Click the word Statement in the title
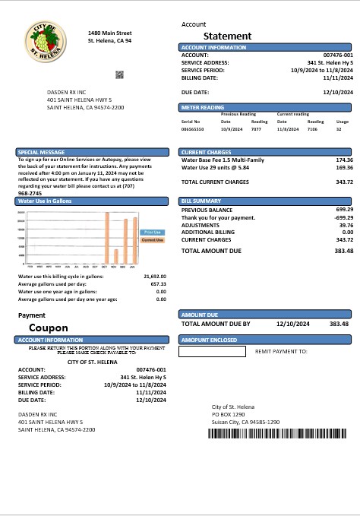(x=227, y=36)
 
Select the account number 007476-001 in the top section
(x=338, y=55)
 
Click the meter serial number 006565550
(x=192, y=130)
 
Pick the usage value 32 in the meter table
(x=339, y=130)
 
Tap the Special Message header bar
(x=94, y=152)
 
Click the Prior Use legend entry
(x=153, y=232)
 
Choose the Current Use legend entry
(x=153, y=240)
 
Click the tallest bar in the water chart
(x=107, y=238)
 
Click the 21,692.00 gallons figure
(x=155, y=277)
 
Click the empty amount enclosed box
(x=212, y=352)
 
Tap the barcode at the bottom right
(x=280, y=433)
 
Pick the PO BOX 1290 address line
(x=229, y=414)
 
